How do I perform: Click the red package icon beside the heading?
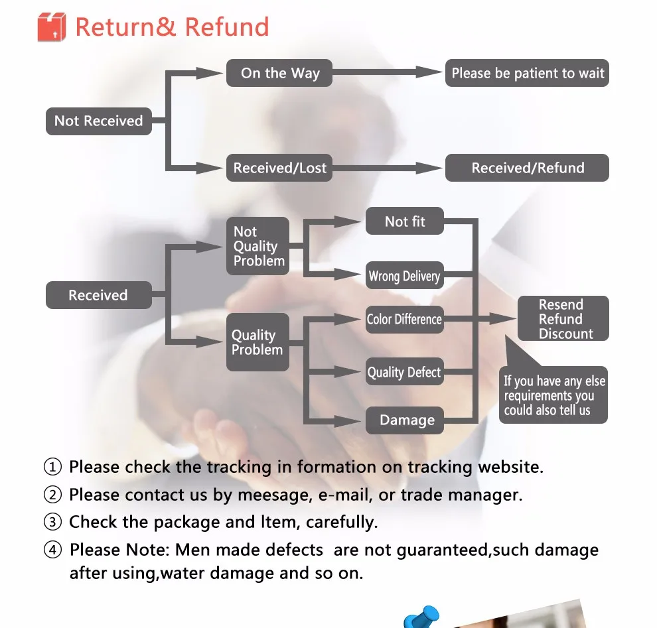[x=52, y=27]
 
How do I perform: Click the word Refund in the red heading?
[x=227, y=27]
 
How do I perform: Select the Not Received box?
[x=98, y=121]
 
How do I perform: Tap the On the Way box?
[x=279, y=73]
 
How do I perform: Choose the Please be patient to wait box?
[x=527, y=73]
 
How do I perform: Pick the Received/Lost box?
[x=279, y=168]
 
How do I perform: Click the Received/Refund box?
[x=527, y=168]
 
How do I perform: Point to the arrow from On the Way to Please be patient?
[x=388, y=73]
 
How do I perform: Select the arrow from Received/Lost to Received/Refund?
[x=388, y=168]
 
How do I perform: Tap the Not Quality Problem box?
[x=258, y=246]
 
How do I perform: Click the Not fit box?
[x=404, y=221]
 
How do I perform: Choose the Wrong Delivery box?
[x=404, y=276]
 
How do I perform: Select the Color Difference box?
[x=404, y=319]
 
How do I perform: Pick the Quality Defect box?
[x=404, y=372]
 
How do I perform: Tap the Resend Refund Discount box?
[x=563, y=319]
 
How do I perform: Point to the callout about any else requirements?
[x=554, y=395]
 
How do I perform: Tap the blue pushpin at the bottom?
[x=423, y=617]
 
